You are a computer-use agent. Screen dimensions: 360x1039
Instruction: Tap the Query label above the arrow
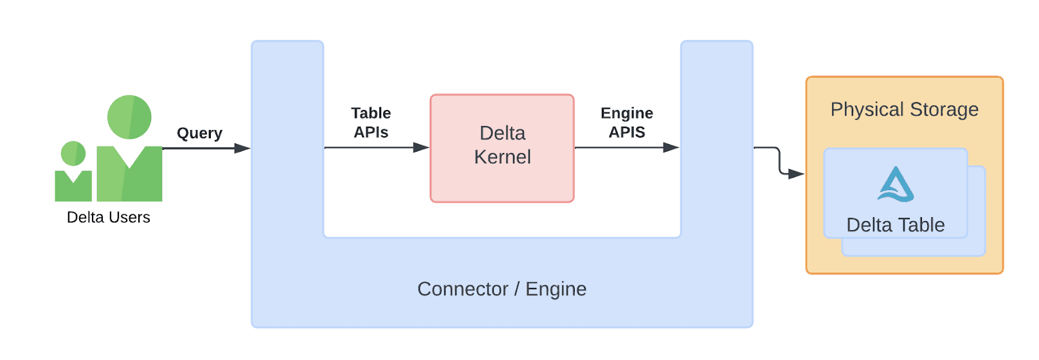[199, 133]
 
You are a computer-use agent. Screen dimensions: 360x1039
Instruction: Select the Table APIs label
[371, 123]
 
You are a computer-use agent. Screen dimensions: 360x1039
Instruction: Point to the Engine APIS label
[627, 123]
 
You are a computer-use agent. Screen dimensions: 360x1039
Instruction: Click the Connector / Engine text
[501, 289]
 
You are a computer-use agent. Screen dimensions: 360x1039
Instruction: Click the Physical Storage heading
[904, 109]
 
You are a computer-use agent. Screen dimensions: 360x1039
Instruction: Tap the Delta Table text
[895, 225]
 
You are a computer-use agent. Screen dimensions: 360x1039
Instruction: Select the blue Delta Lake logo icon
[896, 185]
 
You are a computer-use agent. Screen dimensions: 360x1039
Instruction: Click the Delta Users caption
[109, 217]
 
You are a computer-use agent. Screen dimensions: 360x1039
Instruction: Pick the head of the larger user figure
[129, 117]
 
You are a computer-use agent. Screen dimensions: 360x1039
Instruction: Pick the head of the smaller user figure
[73, 154]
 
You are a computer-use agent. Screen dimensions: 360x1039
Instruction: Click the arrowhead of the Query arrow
[242, 148]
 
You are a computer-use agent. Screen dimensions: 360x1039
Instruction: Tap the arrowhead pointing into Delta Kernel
[421, 148]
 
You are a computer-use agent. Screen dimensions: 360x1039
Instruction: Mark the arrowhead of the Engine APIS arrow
[671, 148]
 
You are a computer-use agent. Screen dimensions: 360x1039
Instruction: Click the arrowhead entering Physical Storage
[796, 174]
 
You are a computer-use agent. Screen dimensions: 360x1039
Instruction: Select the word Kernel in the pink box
[502, 157]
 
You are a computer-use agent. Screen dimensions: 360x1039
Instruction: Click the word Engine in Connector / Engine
[556, 289]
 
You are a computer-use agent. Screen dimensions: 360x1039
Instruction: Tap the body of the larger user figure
[129, 177]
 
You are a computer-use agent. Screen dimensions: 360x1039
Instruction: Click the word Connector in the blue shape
[462, 289]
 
